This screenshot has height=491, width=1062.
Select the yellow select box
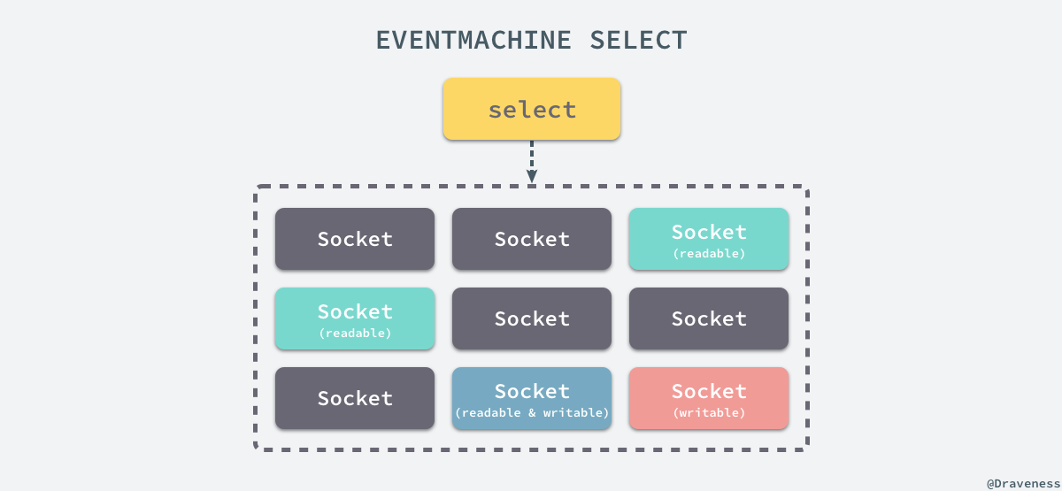coord(532,109)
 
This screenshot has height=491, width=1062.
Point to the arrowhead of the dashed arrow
coord(532,176)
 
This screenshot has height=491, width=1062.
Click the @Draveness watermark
coord(1023,483)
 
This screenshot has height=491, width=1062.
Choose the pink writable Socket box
coord(709,398)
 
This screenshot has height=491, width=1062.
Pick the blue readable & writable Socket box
coord(532,398)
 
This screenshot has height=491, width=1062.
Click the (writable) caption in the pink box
coord(709,412)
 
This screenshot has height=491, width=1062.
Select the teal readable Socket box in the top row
coord(709,239)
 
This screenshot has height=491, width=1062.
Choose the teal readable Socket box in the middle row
coord(355,318)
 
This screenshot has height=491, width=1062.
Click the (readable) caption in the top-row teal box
coord(709,253)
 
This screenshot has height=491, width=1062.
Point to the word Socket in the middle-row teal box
coord(355,311)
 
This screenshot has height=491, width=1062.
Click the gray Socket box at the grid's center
coord(532,318)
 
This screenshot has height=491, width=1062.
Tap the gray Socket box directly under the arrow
coord(532,239)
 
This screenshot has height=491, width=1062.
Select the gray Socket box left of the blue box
coord(355,398)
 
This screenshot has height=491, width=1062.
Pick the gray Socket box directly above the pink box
coord(709,318)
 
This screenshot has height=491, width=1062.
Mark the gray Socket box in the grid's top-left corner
coord(355,239)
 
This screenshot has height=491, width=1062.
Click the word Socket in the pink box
coord(709,391)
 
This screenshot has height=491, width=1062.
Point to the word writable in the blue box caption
coord(575,413)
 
